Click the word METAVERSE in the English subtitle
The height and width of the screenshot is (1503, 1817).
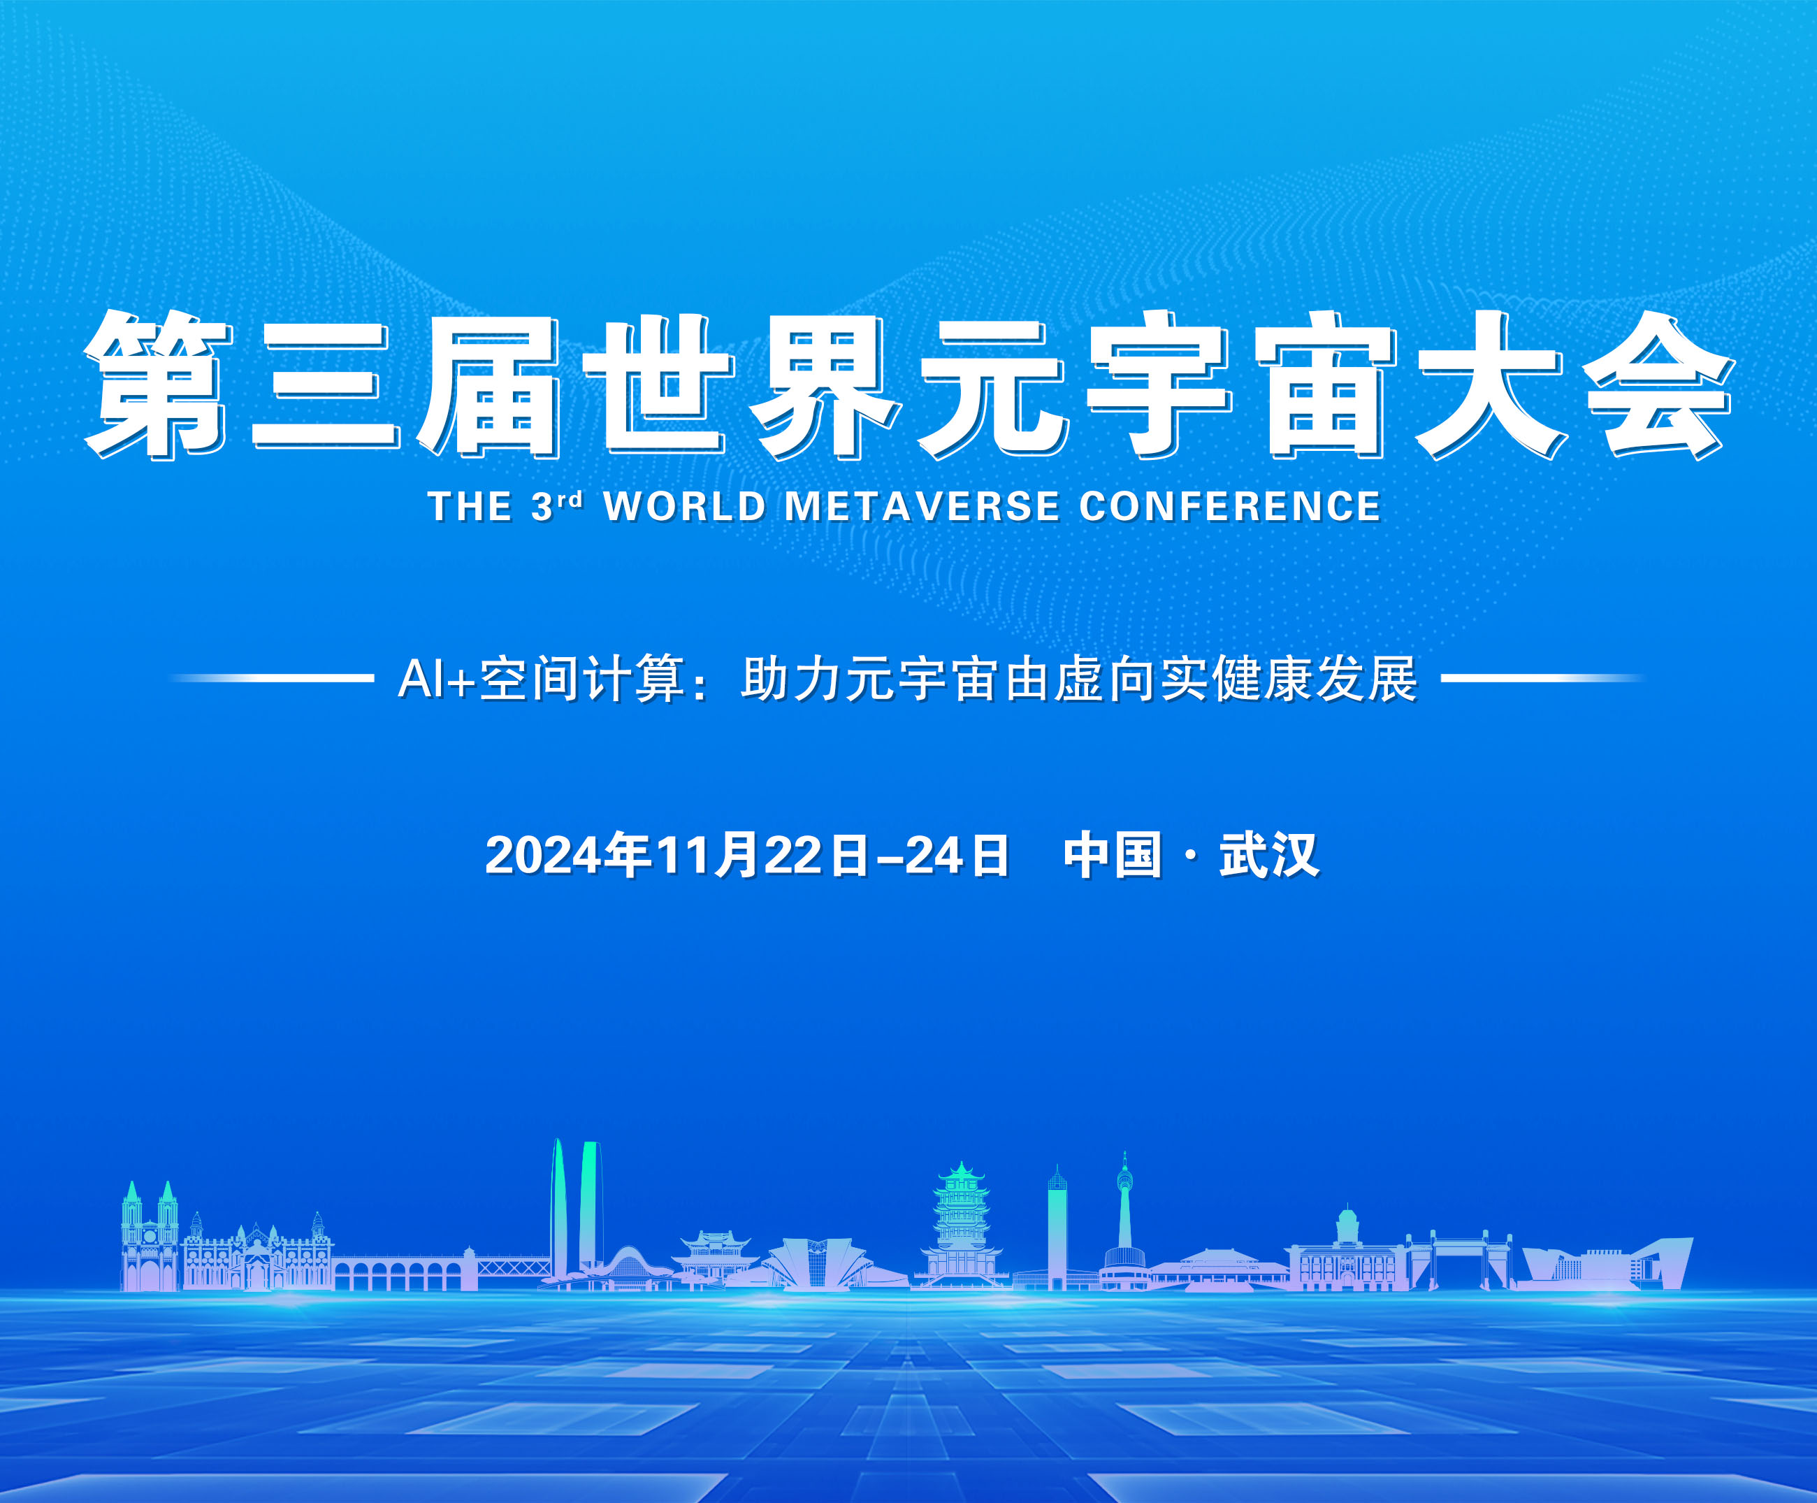click(922, 507)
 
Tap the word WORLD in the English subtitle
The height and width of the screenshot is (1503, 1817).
click(684, 507)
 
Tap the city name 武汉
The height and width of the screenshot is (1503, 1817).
click(1268, 855)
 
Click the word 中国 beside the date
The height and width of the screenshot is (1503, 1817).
click(1112, 855)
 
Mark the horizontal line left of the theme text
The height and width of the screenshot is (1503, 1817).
click(273, 678)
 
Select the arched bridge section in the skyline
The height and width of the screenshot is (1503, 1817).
click(398, 1273)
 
